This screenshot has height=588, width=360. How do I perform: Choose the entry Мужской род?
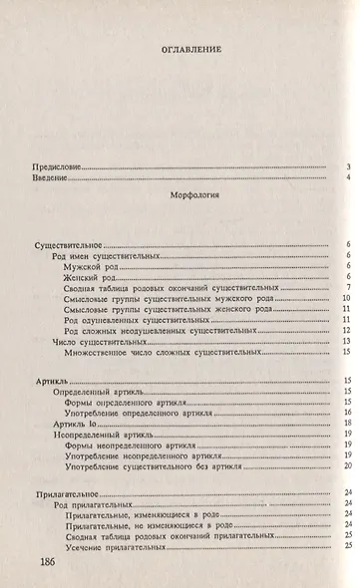89,266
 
